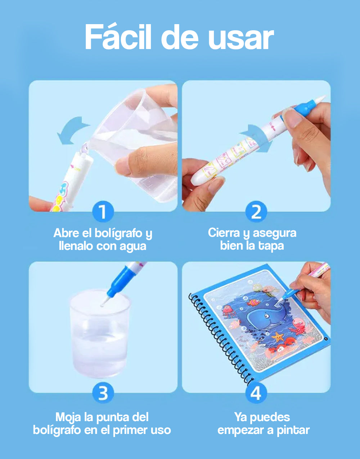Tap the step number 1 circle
click(x=103, y=212)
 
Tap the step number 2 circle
click(x=256, y=212)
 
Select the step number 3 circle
click(x=103, y=393)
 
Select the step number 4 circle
click(x=256, y=393)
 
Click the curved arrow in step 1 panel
click(x=72, y=130)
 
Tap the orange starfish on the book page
click(x=278, y=338)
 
